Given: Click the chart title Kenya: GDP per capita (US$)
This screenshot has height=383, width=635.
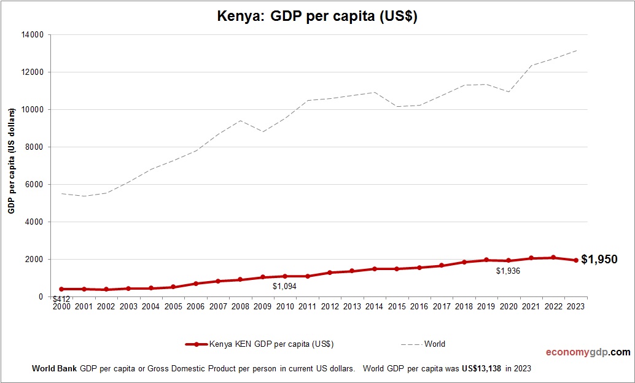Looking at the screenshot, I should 317,17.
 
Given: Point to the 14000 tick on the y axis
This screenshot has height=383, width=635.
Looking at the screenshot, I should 33,35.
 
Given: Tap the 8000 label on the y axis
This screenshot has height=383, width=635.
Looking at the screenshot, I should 34,147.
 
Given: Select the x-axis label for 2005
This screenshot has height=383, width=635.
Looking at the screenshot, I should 173,306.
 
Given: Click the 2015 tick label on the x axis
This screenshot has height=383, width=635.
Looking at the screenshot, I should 397,306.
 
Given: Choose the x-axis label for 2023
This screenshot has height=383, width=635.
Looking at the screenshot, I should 576,306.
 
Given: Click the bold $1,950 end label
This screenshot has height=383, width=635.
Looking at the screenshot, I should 599,260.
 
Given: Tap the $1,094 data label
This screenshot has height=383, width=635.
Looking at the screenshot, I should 285,286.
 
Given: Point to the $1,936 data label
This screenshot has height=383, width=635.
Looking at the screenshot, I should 508,271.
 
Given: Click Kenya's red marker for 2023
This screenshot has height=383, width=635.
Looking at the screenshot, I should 576,260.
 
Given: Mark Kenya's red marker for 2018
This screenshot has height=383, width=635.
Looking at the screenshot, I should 464,262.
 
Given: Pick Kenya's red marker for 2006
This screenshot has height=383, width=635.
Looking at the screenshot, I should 195,284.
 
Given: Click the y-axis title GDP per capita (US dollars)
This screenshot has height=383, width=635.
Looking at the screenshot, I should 11,161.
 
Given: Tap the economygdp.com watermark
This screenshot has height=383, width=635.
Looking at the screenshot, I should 588,352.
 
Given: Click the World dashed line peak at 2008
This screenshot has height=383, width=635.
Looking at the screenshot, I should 240,120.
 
